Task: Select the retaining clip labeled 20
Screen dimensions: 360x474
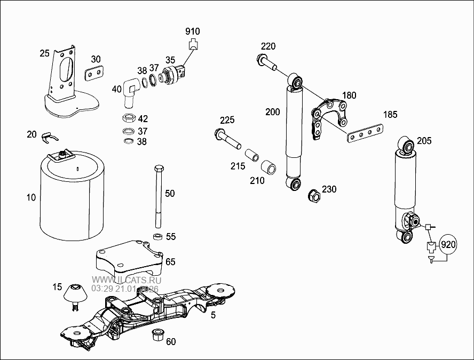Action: click(49, 137)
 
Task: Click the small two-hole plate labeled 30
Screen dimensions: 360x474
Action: click(95, 73)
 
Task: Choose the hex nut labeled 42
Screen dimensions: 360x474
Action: click(128, 118)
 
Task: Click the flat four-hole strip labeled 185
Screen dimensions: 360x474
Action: click(366, 133)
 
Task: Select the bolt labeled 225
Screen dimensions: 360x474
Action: click(228, 137)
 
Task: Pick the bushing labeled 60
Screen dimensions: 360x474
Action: click(157, 335)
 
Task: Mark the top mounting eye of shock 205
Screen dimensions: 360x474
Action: click(407, 145)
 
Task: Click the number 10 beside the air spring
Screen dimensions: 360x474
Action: click(31, 198)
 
